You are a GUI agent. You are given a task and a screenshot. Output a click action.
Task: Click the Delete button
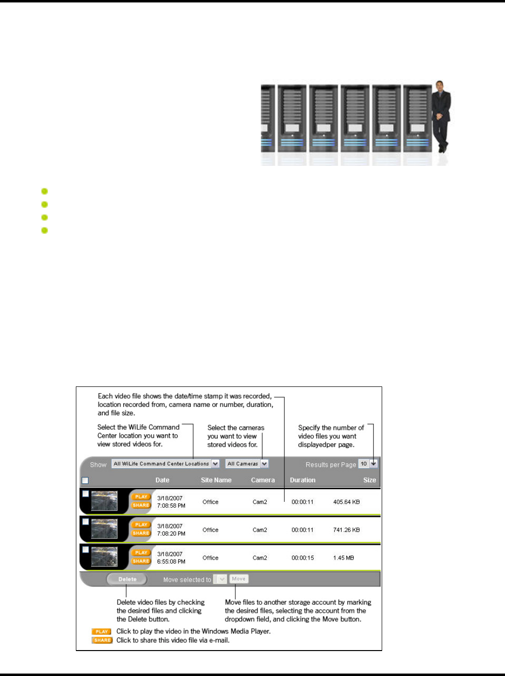click(127, 579)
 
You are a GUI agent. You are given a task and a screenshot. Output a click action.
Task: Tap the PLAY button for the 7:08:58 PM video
click(141, 496)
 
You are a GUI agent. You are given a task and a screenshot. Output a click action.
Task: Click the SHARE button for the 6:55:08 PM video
click(141, 561)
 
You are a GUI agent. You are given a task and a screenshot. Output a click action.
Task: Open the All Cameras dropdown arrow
click(264, 464)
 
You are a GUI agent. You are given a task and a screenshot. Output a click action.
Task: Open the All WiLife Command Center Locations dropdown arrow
click(215, 464)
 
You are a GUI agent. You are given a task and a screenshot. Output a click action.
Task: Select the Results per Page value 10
click(364, 464)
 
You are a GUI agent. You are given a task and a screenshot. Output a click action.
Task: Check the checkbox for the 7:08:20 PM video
click(85, 522)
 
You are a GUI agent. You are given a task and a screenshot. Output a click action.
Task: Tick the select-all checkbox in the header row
click(85, 480)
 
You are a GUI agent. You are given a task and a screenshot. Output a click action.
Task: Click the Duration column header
click(302, 480)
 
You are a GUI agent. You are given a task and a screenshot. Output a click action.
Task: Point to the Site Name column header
click(216, 480)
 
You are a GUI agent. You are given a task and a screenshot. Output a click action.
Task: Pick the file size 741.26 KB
click(346, 530)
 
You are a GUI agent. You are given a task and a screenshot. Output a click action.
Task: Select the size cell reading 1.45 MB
click(344, 558)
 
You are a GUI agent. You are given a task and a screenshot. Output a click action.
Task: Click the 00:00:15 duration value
click(302, 558)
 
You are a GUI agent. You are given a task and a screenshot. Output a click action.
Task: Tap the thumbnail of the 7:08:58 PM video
click(104, 501)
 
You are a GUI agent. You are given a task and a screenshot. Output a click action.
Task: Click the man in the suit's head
click(439, 86)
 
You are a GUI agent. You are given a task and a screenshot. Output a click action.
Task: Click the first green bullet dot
click(45, 191)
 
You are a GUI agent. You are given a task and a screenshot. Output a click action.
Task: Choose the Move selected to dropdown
click(220, 579)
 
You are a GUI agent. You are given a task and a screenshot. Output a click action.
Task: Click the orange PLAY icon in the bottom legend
click(101, 631)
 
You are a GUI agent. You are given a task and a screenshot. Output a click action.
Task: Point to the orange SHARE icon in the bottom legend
click(102, 640)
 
